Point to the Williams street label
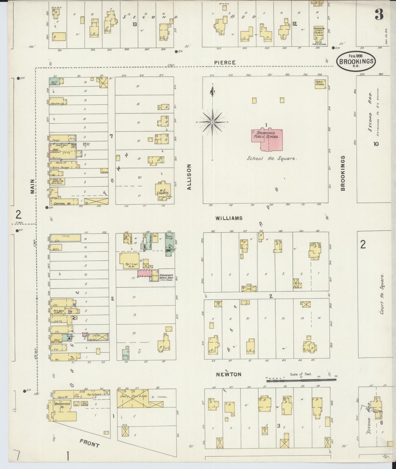[229, 218]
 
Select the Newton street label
[228, 374]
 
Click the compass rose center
[212, 122]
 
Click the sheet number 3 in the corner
[379, 15]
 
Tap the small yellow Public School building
[320, 84]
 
